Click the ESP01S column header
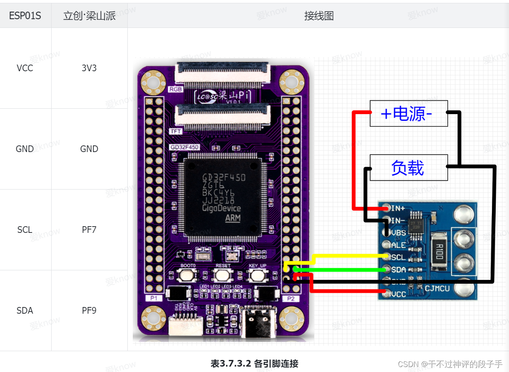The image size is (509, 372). pyautogui.click(x=25, y=16)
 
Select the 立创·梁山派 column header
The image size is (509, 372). pyautogui.click(x=89, y=16)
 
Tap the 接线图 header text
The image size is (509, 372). pyautogui.click(x=319, y=16)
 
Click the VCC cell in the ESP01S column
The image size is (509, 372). pyautogui.click(x=25, y=68)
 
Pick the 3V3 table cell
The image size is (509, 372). pyautogui.click(x=89, y=68)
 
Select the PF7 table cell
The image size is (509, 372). pyautogui.click(x=89, y=230)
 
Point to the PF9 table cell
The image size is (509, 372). pyautogui.click(x=89, y=310)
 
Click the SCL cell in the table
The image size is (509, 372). pyautogui.click(x=25, y=230)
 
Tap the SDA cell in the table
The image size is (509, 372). pyautogui.click(x=25, y=310)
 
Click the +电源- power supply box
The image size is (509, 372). pyautogui.click(x=408, y=113)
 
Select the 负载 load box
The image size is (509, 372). pyautogui.click(x=408, y=167)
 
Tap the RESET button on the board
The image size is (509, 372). pyautogui.click(x=223, y=275)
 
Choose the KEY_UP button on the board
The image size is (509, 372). pyautogui.click(x=258, y=275)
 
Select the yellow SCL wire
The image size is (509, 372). pyautogui.click(x=350, y=255)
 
